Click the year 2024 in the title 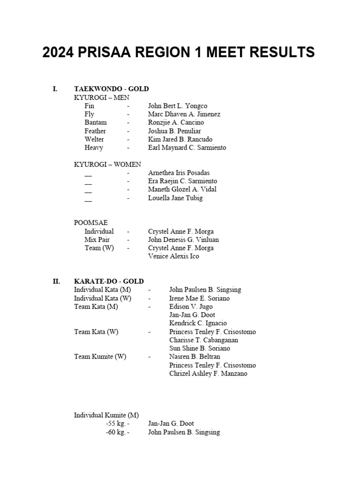[x=58, y=52]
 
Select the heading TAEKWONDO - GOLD [x=112, y=89]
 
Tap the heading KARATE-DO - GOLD [x=109, y=281]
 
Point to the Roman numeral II [x=56, y=281]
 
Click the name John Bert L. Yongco [x=178, y=106]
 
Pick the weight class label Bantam [x=96, y=122]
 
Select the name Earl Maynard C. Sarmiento [x=187, y=148]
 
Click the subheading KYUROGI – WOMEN [x=107, y=165]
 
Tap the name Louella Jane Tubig [x=175, y=198]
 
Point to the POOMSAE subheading [x=91, y=223]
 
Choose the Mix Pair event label [x=97, y=240]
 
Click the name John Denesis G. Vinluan [x=183, y=240]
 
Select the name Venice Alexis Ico [x=173, y=256]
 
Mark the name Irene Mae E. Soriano [x=200, y=298]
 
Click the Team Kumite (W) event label [x=100, y=357]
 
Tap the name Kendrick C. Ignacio [x=198, y=323]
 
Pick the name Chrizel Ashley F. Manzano [x=208, y=374]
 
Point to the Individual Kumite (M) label [x=106, y=415]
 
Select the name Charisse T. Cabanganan [x=203, y=340]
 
